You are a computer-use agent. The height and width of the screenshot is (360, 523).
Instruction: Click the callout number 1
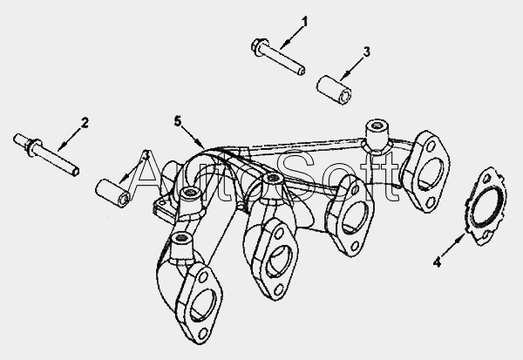(304, 22)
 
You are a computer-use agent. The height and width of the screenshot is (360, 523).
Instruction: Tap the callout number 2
(85, 123)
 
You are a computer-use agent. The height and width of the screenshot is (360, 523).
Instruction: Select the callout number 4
(437, 262)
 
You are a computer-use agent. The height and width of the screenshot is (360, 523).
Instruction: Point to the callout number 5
(178, 121)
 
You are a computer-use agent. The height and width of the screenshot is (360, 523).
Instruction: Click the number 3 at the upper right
(366, 52)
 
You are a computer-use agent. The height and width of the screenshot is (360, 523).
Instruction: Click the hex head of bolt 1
(259, 47)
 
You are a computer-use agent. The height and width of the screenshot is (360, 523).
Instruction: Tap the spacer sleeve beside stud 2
(113, 194)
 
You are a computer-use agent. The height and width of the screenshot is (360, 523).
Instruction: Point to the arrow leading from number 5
(194, 137)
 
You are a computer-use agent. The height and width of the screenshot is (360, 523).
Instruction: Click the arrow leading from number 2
(70, 138)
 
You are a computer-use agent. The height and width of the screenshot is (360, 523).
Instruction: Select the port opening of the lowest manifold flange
(204, 304)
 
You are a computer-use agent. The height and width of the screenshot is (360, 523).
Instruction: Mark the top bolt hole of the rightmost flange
(431, 146)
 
